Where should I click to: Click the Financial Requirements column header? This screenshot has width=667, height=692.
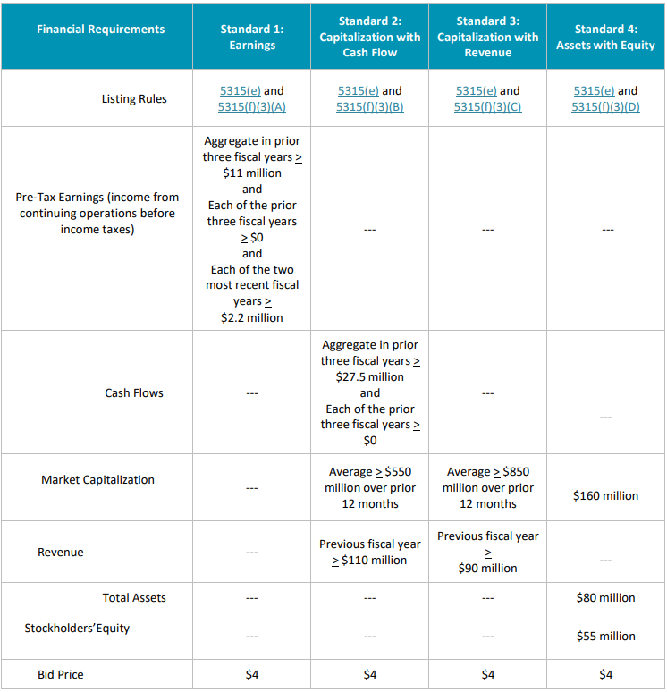coord(100,30)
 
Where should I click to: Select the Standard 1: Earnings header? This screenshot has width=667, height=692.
coord(251,38)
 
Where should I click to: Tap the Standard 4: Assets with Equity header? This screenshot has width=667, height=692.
coord(605,38)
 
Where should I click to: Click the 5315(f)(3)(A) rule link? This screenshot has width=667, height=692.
coord(251,107)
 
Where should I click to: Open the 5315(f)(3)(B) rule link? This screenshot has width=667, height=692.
coord(369,107)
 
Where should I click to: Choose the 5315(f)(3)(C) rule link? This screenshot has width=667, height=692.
coord(487,107)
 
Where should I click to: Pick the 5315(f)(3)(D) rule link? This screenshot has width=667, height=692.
coord(605,107)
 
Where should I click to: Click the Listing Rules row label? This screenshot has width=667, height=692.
coord(134,99)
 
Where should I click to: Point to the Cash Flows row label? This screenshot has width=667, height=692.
coord(134,392)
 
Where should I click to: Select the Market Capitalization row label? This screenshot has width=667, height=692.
coord(97,480)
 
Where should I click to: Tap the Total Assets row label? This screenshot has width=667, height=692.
coord(134,597)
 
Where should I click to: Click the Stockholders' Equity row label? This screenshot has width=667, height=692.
coord(77,629)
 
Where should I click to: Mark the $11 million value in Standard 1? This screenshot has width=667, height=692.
coord(251,173)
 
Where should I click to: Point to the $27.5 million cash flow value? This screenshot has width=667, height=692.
coord(369,376)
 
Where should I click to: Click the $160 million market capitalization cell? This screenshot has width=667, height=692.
coord(605,496)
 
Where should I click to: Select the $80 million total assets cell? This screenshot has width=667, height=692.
coord(605,597)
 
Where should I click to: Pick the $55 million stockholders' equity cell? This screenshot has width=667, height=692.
coord(605,637)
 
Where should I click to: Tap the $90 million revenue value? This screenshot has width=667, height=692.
coord(487,568)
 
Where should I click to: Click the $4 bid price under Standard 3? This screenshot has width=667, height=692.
coord(487,674)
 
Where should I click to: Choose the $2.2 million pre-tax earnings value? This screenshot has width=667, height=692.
coord(251,317)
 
